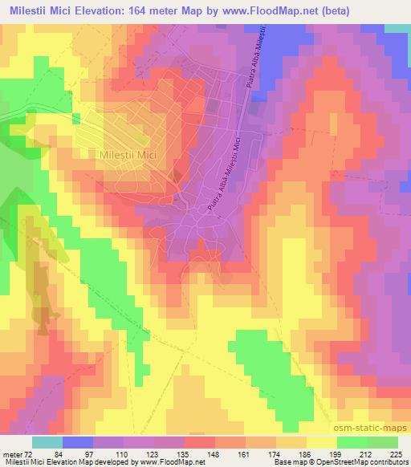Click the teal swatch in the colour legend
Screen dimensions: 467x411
(47, 442)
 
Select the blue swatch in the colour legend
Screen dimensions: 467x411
(77, 442)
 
